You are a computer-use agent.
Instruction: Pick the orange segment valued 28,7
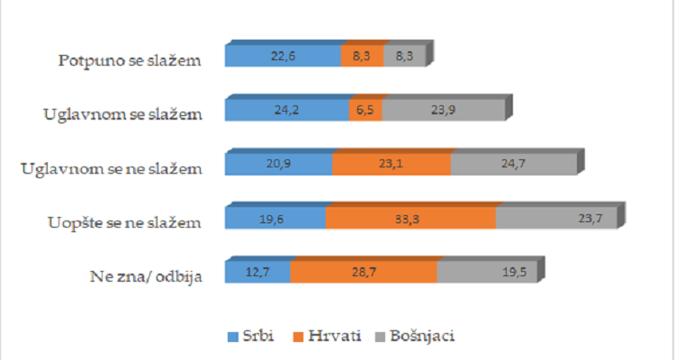364,272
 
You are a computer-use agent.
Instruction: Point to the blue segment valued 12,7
257,272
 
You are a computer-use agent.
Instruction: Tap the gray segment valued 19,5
484,272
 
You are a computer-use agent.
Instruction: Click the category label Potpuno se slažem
127,60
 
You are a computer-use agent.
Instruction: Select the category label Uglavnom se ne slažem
110,168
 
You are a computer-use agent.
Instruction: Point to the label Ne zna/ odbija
143,275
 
